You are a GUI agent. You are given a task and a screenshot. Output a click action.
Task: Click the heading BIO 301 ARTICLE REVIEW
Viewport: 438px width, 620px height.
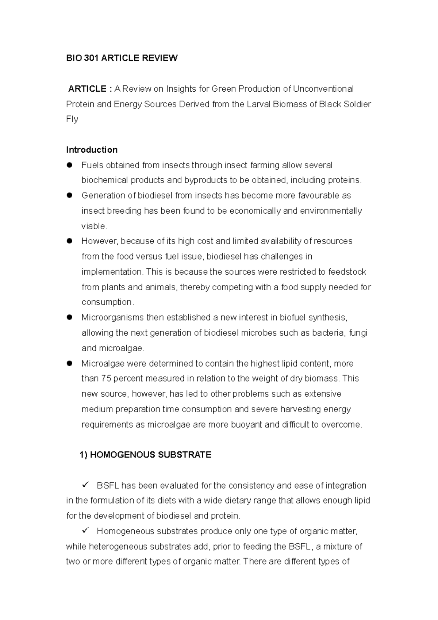pos(122,58)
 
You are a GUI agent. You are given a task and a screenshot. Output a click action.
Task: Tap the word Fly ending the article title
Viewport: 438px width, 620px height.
pos(72,119)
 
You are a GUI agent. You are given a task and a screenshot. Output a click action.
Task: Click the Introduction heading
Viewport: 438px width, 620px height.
pos(92,150)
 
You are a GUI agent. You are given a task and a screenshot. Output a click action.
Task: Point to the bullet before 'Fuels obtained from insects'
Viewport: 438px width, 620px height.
pos(69,165)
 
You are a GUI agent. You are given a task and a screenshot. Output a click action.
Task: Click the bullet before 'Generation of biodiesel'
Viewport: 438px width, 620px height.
pos(69,195)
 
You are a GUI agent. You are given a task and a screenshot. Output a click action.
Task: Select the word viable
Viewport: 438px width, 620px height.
pos(94,226)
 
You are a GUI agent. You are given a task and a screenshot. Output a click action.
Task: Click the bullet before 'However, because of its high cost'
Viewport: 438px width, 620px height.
pos(69,241)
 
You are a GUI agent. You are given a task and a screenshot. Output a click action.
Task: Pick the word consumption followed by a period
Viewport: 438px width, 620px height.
pos(107,302)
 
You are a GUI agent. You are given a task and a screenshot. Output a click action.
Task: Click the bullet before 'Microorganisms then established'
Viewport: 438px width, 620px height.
pos(69,317)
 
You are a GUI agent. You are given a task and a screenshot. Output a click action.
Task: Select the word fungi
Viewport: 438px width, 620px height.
pos(358,333)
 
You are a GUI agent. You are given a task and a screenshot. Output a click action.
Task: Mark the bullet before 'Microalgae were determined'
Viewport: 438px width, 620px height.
pos(69,363)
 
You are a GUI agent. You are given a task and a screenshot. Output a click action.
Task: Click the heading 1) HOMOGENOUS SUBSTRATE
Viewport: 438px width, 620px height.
pos(145,455)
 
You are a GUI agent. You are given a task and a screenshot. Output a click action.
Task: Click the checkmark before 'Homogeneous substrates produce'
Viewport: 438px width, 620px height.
pos(86,531)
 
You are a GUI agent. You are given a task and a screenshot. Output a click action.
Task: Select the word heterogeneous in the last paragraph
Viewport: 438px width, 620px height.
pos(118,547)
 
